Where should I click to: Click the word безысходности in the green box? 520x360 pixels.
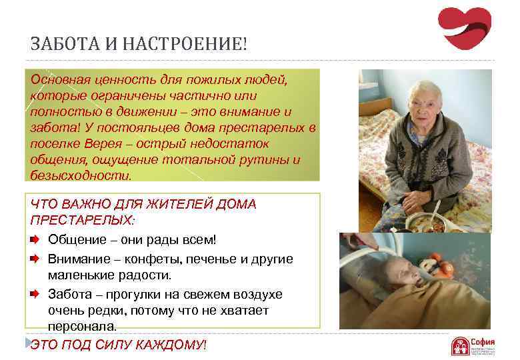pyautogui.click(x=80, y=175)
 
